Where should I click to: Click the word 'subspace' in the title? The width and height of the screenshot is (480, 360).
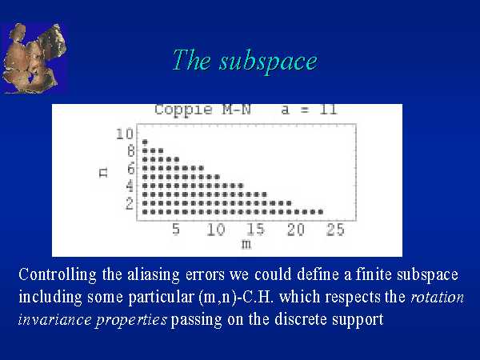268,62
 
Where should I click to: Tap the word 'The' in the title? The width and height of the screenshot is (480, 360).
191,60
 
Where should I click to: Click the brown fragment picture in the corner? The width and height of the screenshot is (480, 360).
34,58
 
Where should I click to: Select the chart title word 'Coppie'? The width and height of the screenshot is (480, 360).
183,110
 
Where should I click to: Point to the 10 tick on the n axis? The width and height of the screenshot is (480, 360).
125,134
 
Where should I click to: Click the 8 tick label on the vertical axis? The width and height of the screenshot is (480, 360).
130,151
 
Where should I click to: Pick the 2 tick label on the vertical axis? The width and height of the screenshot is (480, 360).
130,203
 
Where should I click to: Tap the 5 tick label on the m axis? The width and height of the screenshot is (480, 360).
176,229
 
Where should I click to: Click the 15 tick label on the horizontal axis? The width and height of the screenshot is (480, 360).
256,229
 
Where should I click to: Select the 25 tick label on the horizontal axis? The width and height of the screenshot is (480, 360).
335,229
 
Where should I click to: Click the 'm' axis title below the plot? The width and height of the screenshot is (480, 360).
246,244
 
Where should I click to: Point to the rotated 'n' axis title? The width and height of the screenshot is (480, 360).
104,173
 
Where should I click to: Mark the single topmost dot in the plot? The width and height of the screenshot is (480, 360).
145,142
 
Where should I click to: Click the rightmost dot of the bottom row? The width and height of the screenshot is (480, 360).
321,212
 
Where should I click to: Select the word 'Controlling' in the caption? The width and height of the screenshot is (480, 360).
58,274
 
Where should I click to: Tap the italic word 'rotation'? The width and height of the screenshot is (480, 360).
437,297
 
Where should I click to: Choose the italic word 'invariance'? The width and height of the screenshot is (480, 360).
54,319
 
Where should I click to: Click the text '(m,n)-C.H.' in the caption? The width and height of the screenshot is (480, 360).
236,297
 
